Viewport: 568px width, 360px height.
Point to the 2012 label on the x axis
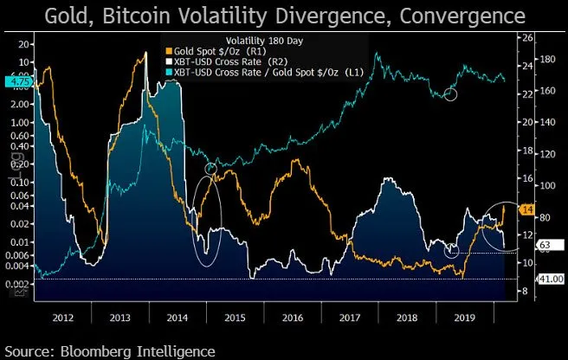pos(64,317)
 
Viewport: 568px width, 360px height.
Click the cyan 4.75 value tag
pos(16,82)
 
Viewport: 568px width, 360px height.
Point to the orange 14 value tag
pos(527,209)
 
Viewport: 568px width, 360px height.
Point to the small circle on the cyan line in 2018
pos(450,93)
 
